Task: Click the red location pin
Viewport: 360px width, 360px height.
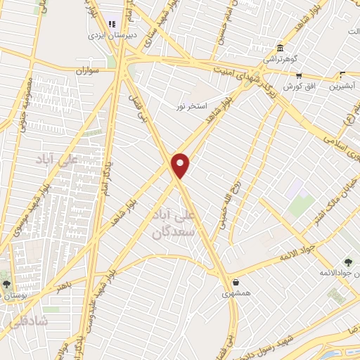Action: (181, 165)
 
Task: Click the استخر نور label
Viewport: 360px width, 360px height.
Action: (191, 105)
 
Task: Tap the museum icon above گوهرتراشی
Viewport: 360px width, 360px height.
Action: (281, 48)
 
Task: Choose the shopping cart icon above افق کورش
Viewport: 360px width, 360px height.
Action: (299, 75)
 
